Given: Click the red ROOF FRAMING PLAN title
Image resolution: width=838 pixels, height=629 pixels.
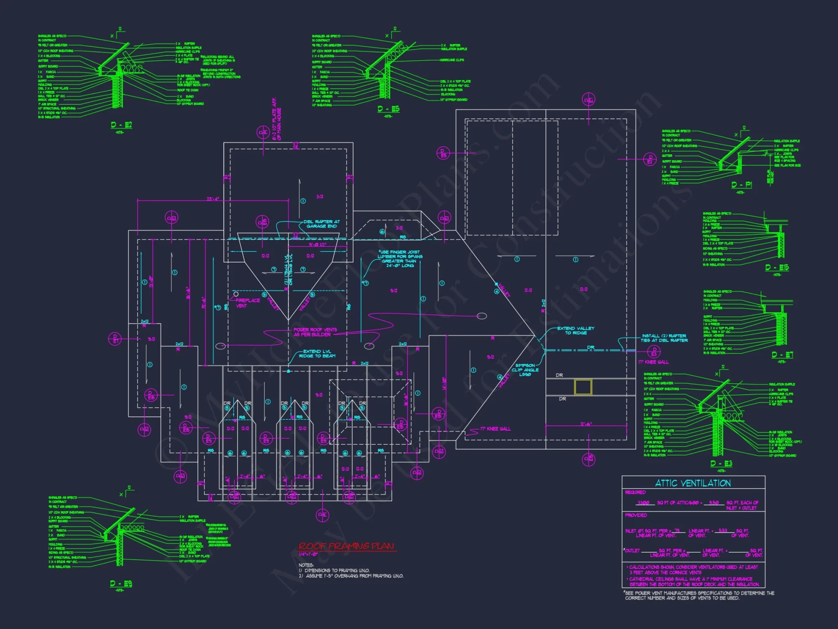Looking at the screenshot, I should coord(346,546).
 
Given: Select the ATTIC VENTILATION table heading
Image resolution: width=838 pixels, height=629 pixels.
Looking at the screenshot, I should coord(693,483).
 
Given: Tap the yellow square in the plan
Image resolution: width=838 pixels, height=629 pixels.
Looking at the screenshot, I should coord(583,387).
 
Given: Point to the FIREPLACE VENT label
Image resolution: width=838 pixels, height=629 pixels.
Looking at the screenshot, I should coord(247,303).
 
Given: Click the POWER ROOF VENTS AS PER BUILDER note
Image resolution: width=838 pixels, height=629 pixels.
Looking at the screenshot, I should coord(315,332).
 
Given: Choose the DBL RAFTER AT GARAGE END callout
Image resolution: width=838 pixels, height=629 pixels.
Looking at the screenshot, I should coord(322,224).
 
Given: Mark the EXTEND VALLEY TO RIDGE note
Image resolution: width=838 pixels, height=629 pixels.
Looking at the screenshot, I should coord(576,330).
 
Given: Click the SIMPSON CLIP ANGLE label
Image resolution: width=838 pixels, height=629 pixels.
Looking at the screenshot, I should coord(525,370).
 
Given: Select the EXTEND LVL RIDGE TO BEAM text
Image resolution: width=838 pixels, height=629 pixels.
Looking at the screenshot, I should coord(317,353).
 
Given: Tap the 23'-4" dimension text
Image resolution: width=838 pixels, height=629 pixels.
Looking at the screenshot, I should coord(213,199).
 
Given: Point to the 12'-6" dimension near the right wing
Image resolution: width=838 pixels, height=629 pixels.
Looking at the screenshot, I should coord(586,424).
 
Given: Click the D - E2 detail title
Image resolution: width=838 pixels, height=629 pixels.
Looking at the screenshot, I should coord(122,125).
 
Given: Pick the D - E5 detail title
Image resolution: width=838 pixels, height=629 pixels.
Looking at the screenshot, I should coord(388,109).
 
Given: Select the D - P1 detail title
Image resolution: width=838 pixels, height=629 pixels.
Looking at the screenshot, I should coord(742,185).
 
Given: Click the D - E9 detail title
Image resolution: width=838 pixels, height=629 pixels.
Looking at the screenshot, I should coord(121,583).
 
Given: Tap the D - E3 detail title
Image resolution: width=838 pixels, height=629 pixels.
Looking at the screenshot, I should coord(721,463).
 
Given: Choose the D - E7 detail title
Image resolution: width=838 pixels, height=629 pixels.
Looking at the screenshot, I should coord(782,355).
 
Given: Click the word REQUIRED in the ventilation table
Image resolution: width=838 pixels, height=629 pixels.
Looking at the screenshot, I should coord(635,492).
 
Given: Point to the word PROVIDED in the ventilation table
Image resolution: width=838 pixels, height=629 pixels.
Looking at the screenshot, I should coord(636,515).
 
